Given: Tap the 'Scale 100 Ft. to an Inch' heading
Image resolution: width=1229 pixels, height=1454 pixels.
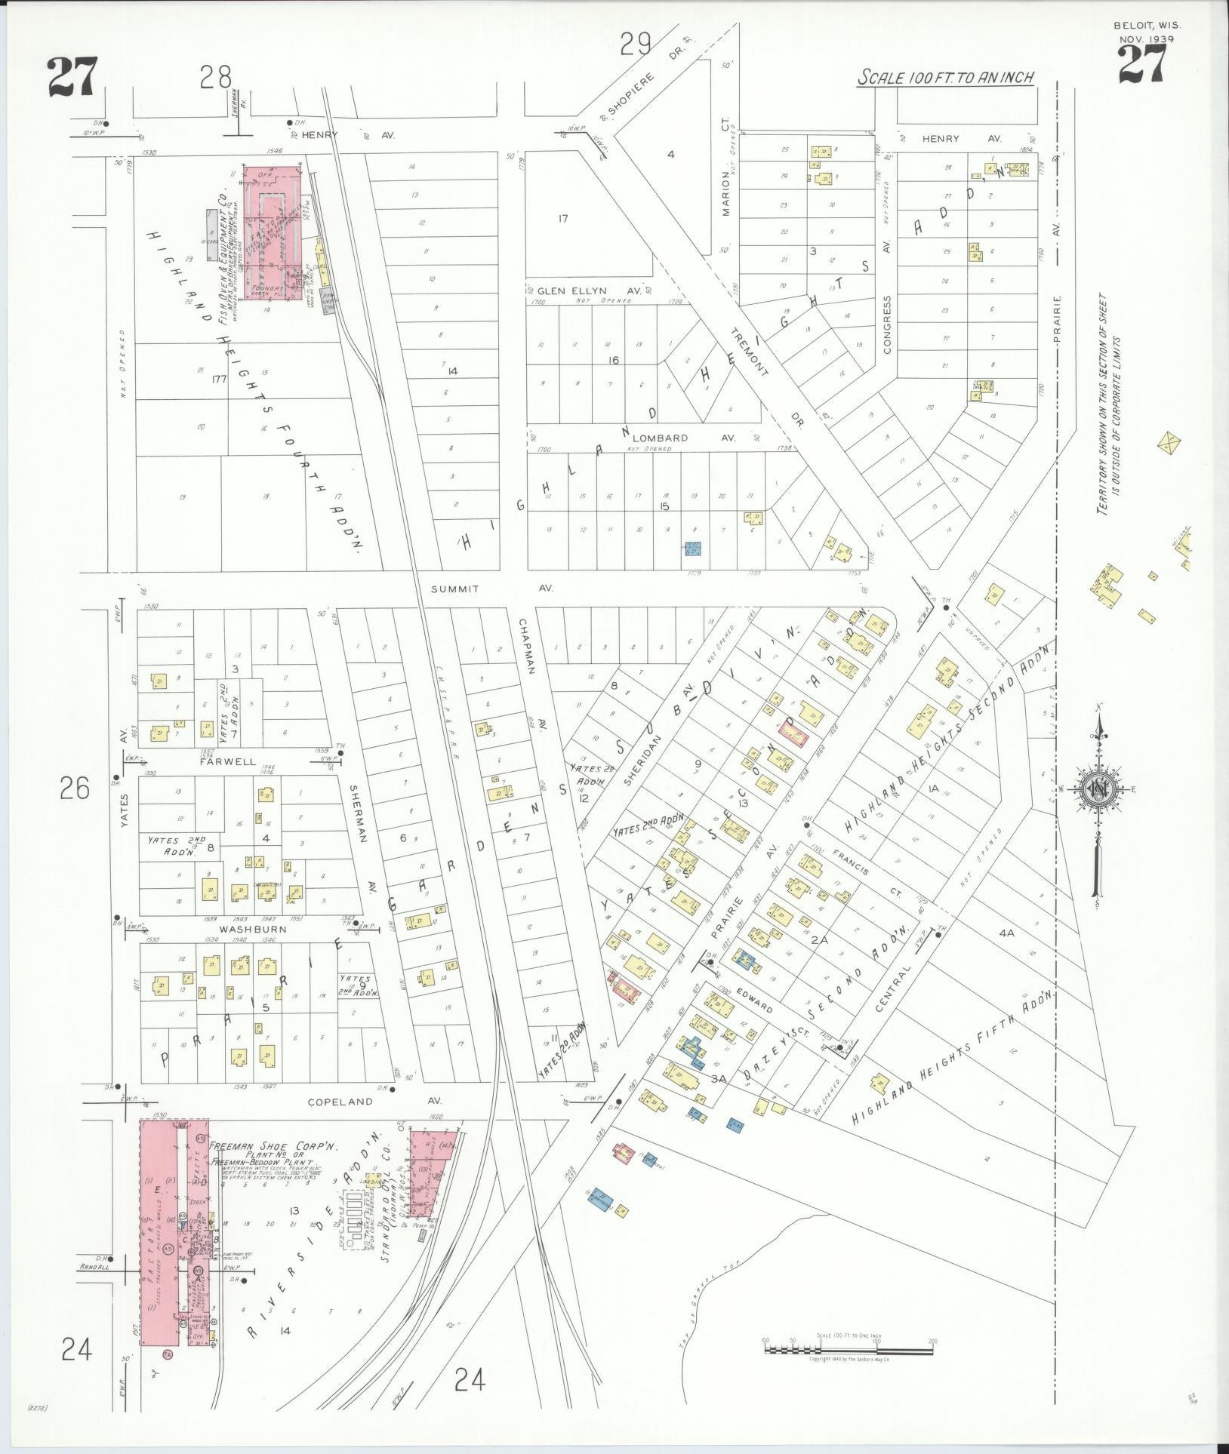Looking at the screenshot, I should (x=944, y=78).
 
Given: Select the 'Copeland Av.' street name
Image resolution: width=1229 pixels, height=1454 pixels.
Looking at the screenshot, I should (x=340, y=1102).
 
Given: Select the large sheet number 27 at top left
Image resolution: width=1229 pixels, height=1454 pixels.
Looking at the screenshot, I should (x=72, y=78).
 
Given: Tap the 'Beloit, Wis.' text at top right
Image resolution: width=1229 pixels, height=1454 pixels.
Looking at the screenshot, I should (x=1147, y=25).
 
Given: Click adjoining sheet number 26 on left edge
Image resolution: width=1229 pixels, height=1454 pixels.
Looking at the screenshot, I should (x=75, y=788).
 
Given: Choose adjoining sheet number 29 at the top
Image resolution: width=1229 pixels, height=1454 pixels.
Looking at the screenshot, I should (x=636, y=45).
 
